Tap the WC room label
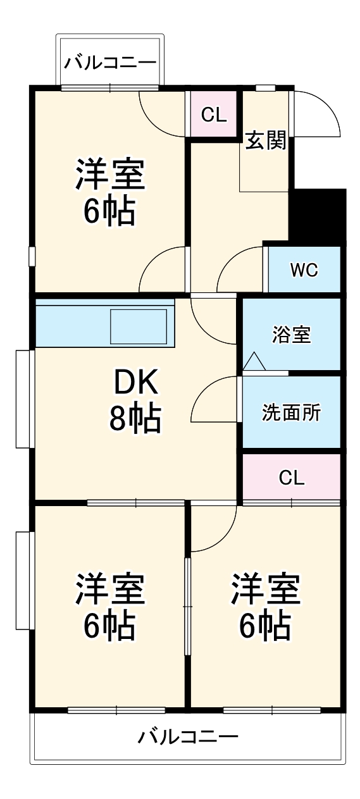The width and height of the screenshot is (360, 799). pos(304,270)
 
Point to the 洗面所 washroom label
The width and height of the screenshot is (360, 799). pos(291,413)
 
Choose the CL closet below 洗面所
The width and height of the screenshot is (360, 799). pos(291,478)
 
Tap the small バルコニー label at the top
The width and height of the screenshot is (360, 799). pos(110,63)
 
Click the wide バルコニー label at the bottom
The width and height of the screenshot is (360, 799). pos(188,737)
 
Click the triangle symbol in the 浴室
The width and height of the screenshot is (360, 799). pos(254,362)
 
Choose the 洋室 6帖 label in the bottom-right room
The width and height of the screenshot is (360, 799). pos(264,606)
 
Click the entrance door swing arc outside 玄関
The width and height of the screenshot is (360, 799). pos(320,114)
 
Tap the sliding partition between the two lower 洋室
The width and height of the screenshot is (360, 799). pos(187,606)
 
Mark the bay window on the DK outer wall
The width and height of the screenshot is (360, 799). pos(25,399)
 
